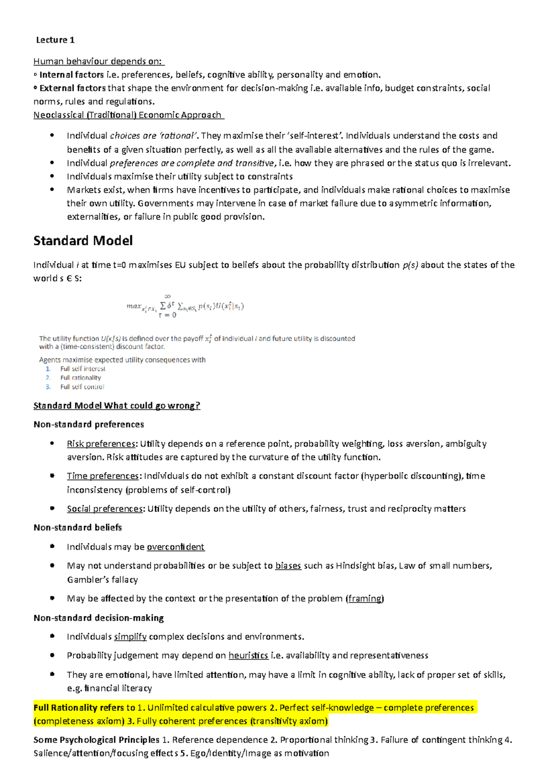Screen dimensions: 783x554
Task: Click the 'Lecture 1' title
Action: [55, 40]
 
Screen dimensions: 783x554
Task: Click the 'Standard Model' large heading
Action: [83, 241]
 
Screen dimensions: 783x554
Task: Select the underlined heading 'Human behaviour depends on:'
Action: [98, 61]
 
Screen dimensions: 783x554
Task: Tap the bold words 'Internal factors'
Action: [72, 75]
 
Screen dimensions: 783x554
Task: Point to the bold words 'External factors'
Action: [72, 88]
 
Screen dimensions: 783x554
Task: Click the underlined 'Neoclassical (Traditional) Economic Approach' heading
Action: [128, 115]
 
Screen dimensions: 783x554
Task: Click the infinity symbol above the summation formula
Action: [167, 297]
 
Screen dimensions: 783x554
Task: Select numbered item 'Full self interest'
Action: [83, 369]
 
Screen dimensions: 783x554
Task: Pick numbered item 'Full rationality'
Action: [80, 378]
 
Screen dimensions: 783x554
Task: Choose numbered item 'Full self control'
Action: [82, 387]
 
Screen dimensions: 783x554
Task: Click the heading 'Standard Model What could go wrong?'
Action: [117, 406]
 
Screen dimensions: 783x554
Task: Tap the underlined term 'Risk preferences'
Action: [101, 444]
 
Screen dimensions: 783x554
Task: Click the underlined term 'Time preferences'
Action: [102, 476]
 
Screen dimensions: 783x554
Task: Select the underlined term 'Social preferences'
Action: [105, 509]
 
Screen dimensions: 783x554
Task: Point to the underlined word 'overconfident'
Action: [175, 547]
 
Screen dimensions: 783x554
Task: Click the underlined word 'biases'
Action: [288, 566]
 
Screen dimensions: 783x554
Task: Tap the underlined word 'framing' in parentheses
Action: [365, 599]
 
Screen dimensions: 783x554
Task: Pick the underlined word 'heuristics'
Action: [248, 655]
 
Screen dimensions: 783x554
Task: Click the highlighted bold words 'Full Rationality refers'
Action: [78, 708]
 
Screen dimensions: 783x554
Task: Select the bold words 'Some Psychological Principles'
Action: [96, 740]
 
